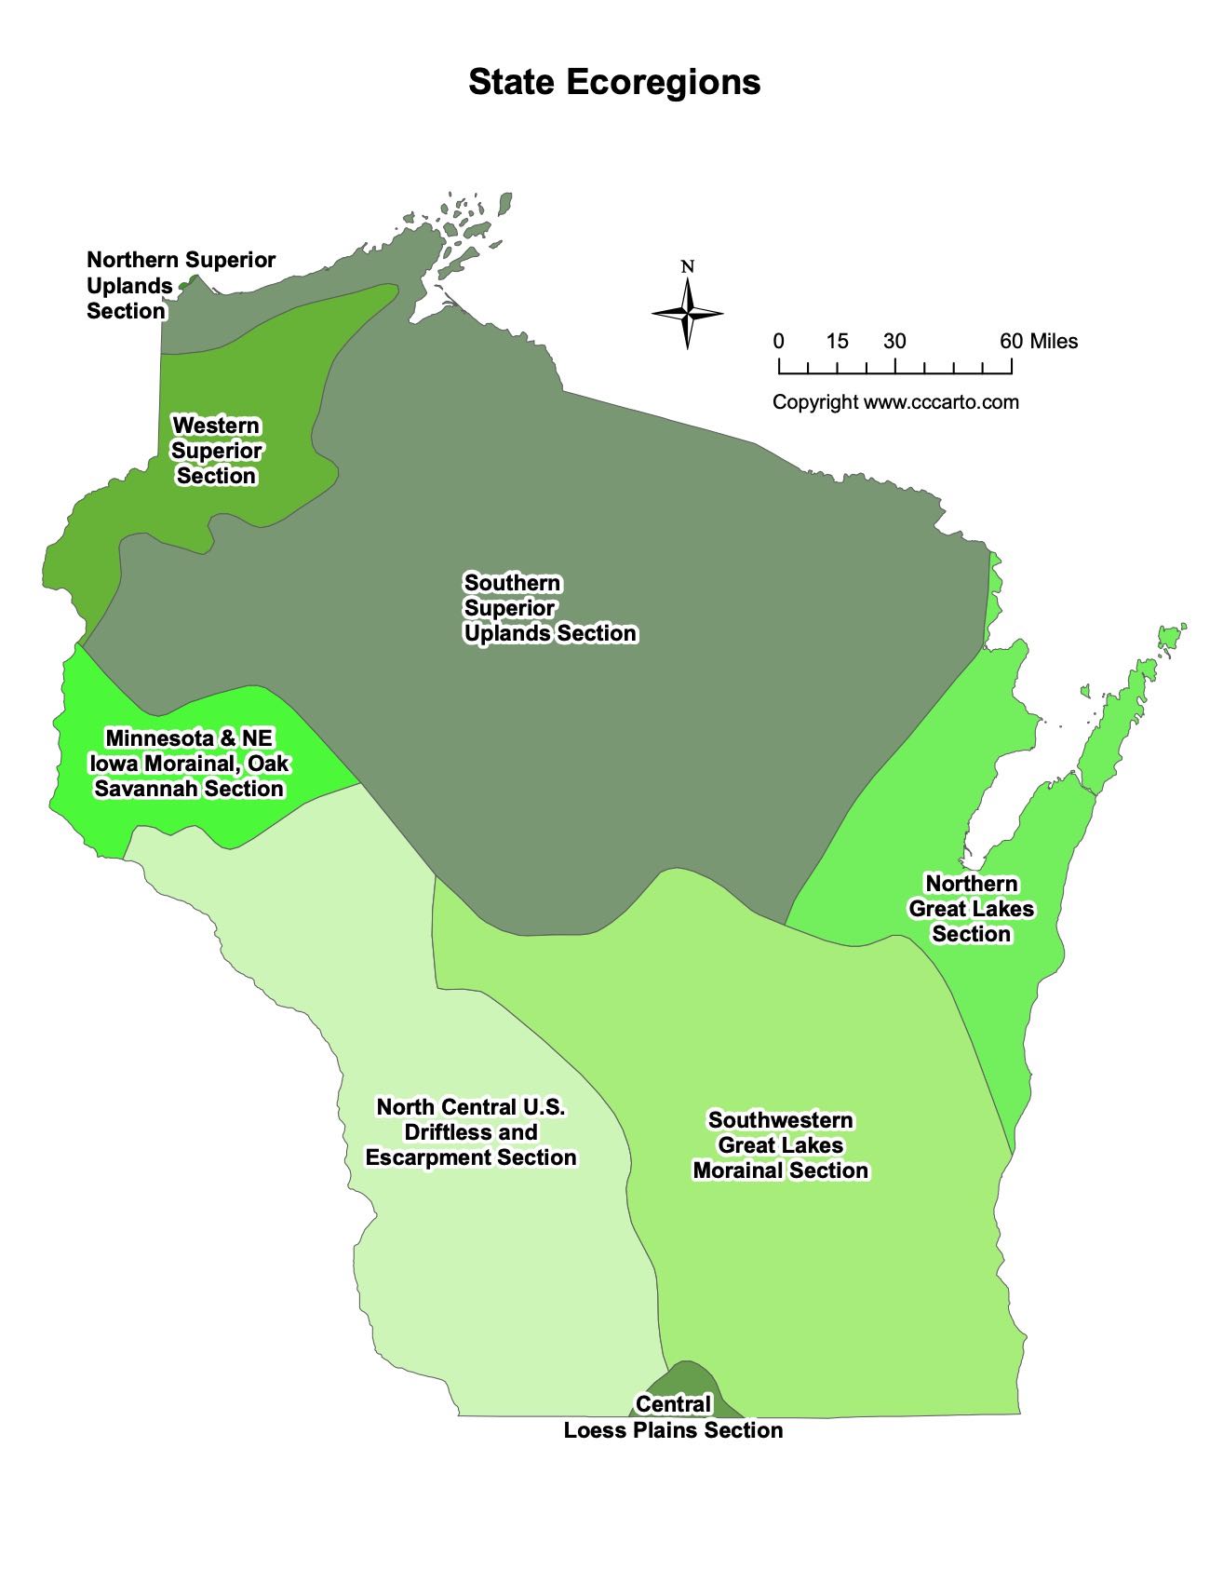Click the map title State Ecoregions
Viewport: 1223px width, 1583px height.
click(x=614, y=82)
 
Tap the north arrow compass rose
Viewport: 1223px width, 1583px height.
click(x=688, y=314)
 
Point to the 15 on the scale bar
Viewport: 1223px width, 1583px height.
click(x=837, y=341)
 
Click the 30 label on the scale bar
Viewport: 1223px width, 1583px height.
click(x=894, y=341)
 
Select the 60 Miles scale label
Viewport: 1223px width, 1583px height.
click(x=1039, y=341)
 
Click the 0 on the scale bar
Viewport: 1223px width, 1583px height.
click(x=778, y=341)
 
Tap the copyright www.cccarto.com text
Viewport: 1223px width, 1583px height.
click(x=895, y=402)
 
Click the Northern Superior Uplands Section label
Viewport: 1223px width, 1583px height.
click(x=181, y=285)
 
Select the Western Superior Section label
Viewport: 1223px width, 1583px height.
click(x=217, y=451)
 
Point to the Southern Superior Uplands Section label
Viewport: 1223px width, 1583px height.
click(x=550, y=608)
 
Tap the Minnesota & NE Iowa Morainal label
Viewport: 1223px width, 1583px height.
click(x=189, y=764)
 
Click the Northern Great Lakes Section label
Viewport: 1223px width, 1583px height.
click(x=971, y=909)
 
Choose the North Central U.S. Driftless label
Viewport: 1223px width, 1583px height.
click(x=471, y=1132)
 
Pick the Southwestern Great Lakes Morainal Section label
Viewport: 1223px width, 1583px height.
click(x=780, y=1145)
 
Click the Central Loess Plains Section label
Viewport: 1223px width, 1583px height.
click(x=673, y=1417)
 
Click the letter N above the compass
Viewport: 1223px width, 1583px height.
click(x=688, y=267)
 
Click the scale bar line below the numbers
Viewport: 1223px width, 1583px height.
click(x=894, y=372)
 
